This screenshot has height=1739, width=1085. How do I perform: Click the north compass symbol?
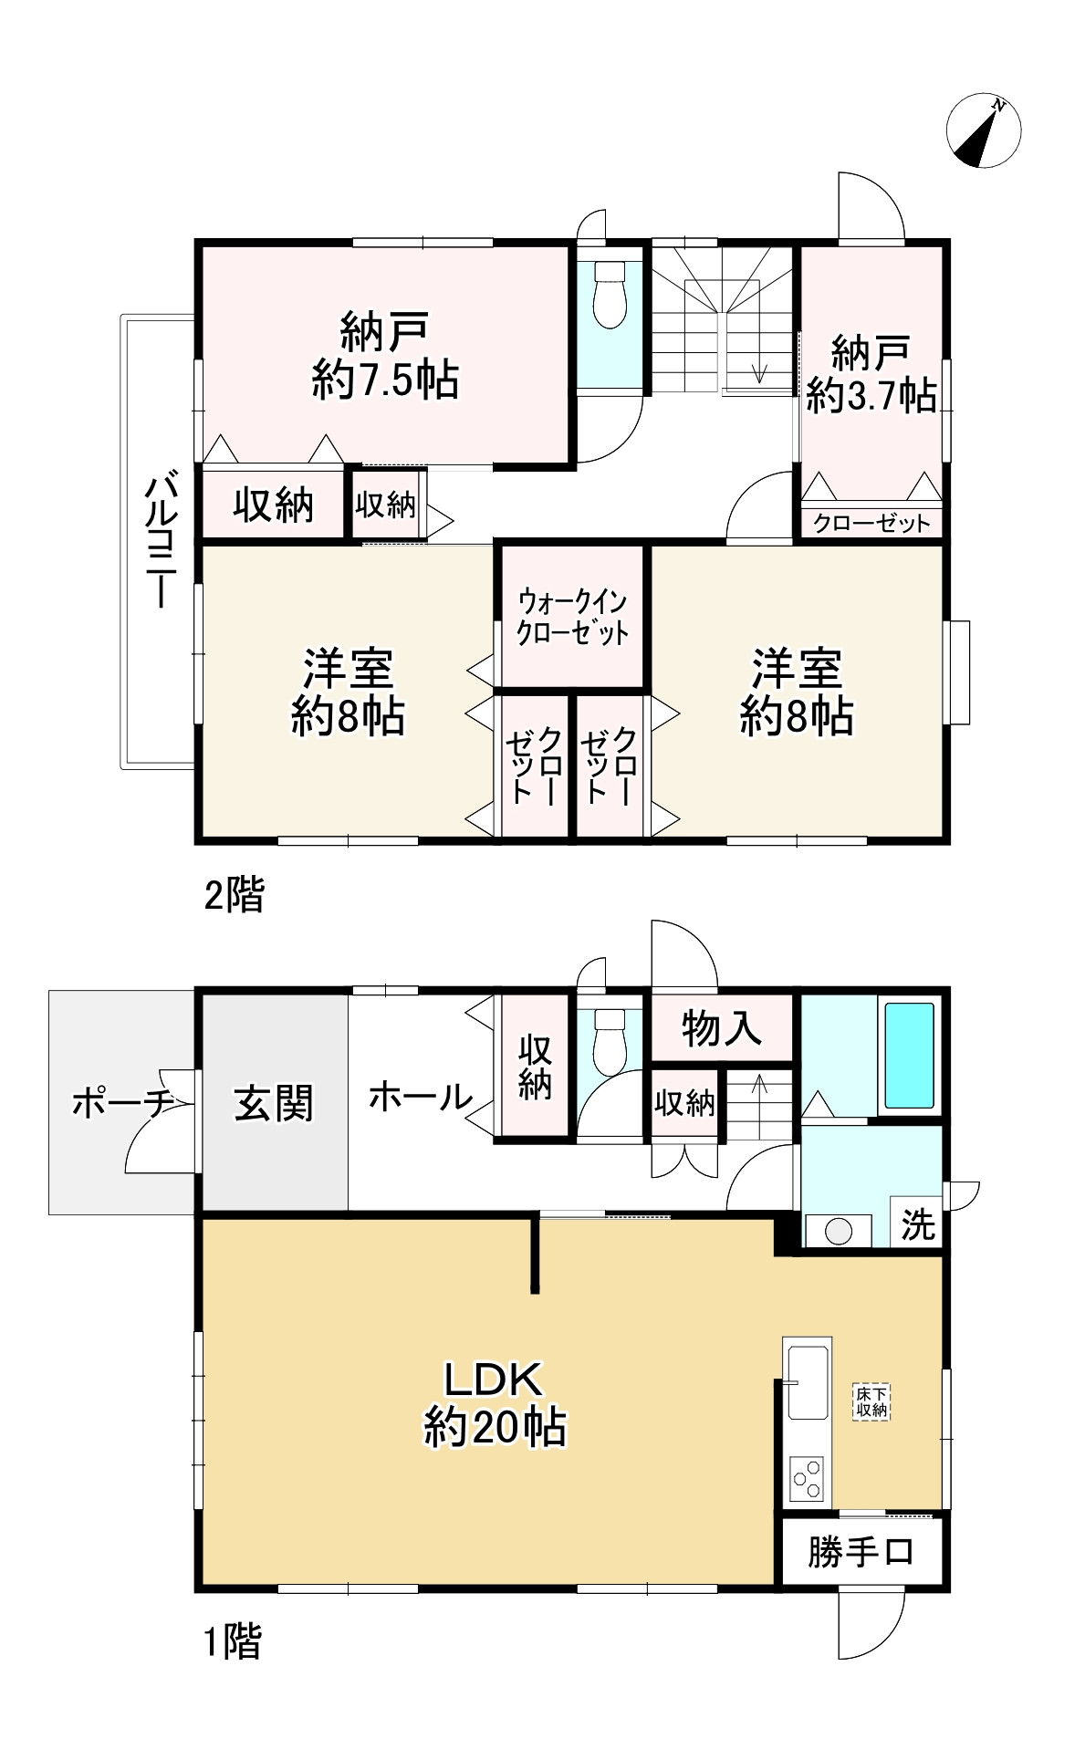tap(983, 131)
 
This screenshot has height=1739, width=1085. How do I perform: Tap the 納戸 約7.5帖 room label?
tap(385, 355)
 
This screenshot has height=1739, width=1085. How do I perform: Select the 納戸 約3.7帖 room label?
tap(871, 373)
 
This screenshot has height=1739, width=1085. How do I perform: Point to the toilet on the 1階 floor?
tap(610, 1041)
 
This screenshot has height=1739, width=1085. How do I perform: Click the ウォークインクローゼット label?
tap(572, 618)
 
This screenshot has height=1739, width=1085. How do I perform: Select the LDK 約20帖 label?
tap(495, 1403)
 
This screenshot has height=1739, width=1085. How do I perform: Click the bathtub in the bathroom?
tap(910, 1056)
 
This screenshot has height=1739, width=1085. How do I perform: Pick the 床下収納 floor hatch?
tap(871, 1402)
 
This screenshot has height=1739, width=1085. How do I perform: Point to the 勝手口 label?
tap(861, 1551)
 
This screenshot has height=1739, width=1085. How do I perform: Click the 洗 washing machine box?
tap(917, 1223)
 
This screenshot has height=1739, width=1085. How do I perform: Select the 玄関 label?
tap(274, 1103)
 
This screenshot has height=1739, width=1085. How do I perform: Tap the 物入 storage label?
tap(721, 1028)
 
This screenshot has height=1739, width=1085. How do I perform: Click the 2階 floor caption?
tap(234, 896)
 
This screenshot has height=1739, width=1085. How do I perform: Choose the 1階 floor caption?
tap(232, 1643)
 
